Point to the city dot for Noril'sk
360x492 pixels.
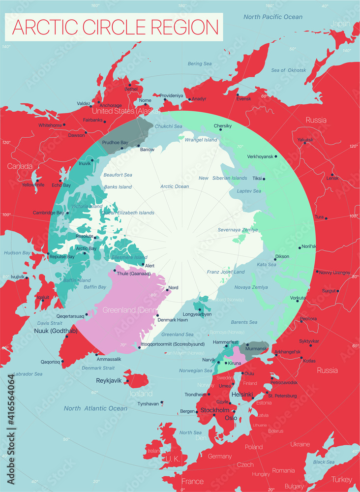click(300, 247)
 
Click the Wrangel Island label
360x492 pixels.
click(201, 140)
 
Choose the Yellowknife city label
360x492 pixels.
click(33, 184)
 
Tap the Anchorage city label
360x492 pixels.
click(110, 105)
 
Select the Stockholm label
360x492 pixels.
click(215, 410)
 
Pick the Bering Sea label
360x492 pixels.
click(199, 64)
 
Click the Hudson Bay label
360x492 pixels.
click(17, 252)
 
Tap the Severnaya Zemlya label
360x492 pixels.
click(238, 230)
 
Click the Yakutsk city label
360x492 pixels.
click(305, 140)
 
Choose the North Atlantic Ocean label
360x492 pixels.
click(95, 408)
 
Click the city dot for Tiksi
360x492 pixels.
click(264, 179)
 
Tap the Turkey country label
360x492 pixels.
click(341, 479)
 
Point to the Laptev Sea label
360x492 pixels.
click(250, 191)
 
